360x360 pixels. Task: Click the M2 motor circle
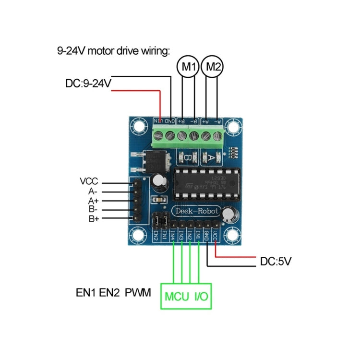213,67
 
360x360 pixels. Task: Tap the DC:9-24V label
88,84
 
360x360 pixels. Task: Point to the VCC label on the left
89,182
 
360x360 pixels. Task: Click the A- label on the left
92,191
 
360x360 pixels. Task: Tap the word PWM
137,292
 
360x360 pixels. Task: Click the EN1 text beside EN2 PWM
86,292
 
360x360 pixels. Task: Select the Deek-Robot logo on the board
196,211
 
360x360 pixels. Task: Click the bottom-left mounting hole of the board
139,235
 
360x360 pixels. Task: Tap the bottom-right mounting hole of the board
234,235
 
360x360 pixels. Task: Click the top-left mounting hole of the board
139,127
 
